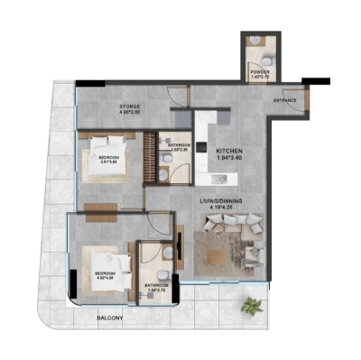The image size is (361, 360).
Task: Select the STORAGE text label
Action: pyautogui.click(x=130, y=106)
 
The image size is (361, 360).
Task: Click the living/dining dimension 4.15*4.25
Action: pyautogui.click(x=222, y=208)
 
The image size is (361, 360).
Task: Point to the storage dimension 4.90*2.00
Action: pyautogui.click(x=130, y=115)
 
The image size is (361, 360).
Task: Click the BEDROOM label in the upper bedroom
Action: pyautogui.click(x=109, y=156)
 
